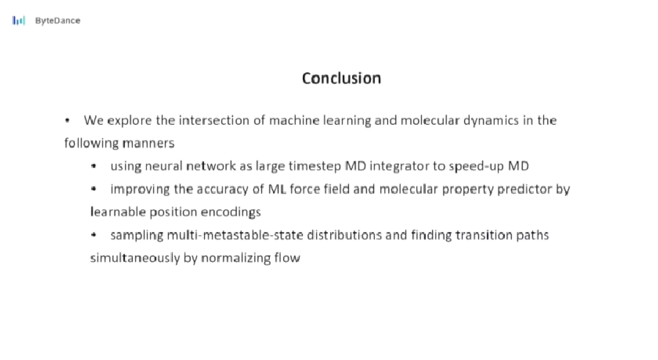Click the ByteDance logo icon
(19, 20)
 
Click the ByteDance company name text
(57, 21)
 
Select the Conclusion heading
(342, 78)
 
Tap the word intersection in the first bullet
(216, 121)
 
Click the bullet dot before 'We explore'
(67, 121)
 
